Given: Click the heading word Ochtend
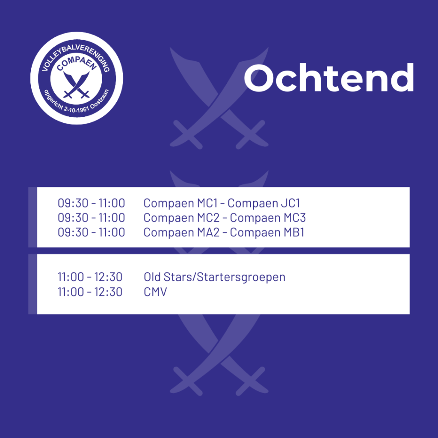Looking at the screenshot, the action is (329, 77).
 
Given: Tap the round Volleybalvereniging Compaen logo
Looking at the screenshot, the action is (77, 78).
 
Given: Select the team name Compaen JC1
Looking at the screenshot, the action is (263, 203).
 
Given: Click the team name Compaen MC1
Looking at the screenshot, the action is (181, 203).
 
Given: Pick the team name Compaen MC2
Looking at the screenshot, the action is (181, 218).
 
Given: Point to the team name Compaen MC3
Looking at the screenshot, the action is (268, 218).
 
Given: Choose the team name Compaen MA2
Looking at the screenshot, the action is (181, 232).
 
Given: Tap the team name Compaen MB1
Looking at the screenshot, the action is (267, 232).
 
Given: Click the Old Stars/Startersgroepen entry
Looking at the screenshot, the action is (215, 277).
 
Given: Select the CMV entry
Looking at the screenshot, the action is (155, 292).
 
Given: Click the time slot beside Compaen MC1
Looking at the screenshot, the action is (92, 203).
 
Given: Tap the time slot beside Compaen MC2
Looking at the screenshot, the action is (92, 218).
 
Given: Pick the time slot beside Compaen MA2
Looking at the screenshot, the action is (92, 232).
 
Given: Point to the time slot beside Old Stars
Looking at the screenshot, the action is (90, 277).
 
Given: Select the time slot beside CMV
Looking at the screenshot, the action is (90, 292).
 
